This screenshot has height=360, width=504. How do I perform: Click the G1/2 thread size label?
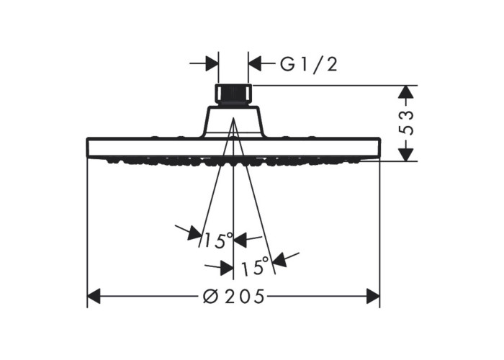pyautogui.click(x=309, y=63)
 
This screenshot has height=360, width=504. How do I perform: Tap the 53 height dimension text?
pyautogui.click(x=405, y=122)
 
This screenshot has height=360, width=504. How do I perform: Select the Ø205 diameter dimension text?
pyautogui.click(x=234, y=296)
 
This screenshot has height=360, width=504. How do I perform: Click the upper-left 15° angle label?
pyautogui.click(x=219, y=240)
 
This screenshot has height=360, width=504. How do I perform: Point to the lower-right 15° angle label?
pyautogui.click(x=255, y=266)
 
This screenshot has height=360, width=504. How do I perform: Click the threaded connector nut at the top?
pyautogui.click(x=233, y=96)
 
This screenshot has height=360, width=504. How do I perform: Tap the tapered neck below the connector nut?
pyautogui.click(x=233, y=122)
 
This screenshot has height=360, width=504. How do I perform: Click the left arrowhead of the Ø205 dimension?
pyautogui.click(x=94, y=296)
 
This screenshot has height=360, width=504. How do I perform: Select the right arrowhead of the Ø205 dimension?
pyautogui.click(x=373, y=296)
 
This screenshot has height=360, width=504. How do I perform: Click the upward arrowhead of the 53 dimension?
pyautogui.click(x=405, y=91)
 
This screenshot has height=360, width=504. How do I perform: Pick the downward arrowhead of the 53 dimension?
pyautogui.click(x=405, y=154)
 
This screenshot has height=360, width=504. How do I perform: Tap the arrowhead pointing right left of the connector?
pyautogui.click(x=212, y=63)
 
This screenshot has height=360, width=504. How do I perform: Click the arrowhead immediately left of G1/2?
pyautogui.click(x=255, y=63)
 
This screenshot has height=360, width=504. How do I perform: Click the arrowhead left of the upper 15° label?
pyautogui.click(x=195, y=233)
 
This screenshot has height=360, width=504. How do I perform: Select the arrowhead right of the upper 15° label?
pyautogui.click(x=240, y=240)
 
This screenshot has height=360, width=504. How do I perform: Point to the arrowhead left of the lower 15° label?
pyautogui.click(x=227, y=268)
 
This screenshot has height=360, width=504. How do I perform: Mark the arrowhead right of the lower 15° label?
pyautogui.click(x=280, y=259)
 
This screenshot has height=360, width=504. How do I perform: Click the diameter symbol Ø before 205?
pyautogui.click(x=210, y=296)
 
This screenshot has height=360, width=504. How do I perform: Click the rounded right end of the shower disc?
pyautogui.click(x=379, y=148)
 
